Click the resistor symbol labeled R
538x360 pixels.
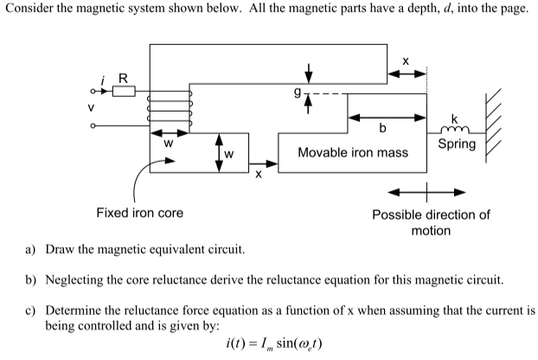(x=124, y=91)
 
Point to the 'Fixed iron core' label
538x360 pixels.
(x=139, y=212)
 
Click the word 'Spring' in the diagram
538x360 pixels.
(x=457, y=144)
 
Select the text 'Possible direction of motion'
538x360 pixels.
(x=431, y=222)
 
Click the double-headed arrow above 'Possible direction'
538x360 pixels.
(x=426, y=191)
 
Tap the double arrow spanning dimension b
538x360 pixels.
(x=387, y=116)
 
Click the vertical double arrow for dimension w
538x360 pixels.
(x=218, y=153)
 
